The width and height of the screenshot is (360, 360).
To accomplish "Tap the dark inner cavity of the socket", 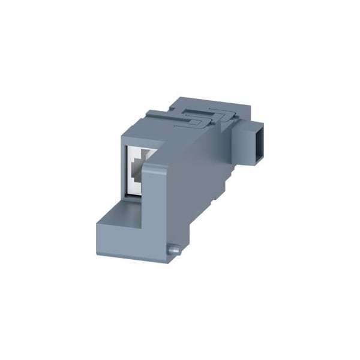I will (139, 171).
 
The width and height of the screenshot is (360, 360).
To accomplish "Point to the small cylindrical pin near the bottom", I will (173, 248).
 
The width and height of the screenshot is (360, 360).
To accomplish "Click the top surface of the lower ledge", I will (123, 213).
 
